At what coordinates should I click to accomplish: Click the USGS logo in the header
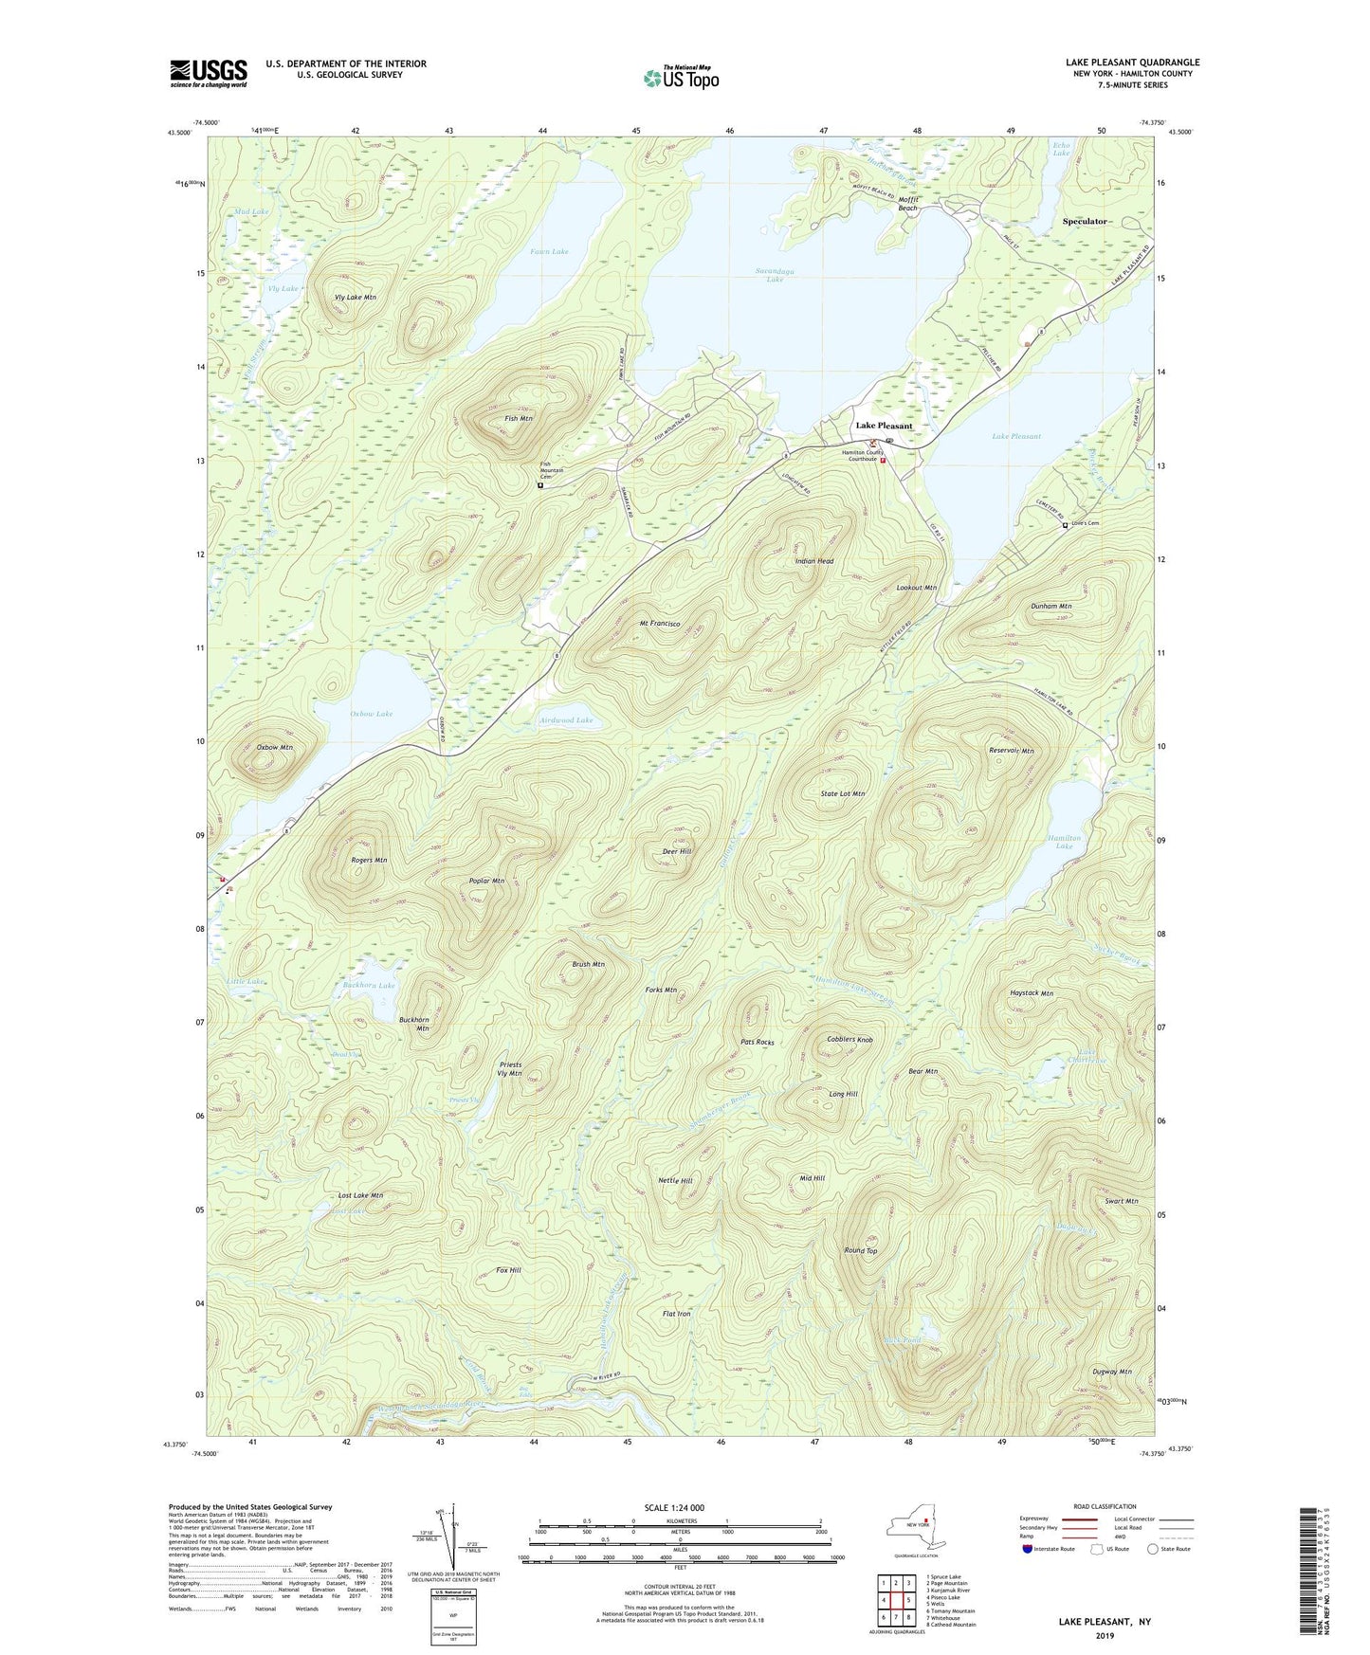(208, 73)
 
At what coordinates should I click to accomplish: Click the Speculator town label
(1085, 221)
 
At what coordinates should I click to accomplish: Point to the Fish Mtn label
(519, 418)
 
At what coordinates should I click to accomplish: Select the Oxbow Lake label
(371, 714)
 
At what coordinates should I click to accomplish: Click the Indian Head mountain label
(813, 561)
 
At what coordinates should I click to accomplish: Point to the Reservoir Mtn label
(1011, 751)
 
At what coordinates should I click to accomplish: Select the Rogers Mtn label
(368, 861)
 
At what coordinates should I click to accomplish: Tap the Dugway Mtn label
(1111, 1372)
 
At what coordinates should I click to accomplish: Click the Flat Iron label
(676, 1314)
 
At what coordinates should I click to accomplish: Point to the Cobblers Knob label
(849, 1039)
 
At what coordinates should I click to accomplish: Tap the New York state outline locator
(914, 1526)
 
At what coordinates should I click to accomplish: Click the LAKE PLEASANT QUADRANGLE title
(1132, 63)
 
